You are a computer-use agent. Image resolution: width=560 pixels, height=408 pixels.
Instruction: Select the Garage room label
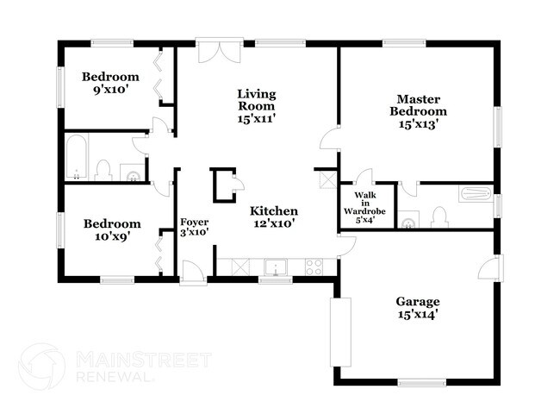[418, 301]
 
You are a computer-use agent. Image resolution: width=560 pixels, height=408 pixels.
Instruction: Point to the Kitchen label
[274, 211]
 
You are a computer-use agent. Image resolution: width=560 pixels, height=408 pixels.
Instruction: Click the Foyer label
[194, 222]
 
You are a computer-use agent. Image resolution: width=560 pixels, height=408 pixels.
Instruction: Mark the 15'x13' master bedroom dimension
[418, 123]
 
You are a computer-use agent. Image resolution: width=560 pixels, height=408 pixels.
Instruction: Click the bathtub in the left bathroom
[76, 158]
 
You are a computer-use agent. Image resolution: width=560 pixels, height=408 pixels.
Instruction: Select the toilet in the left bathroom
[103, 169]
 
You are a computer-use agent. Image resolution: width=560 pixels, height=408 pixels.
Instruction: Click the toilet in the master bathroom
[438, 217]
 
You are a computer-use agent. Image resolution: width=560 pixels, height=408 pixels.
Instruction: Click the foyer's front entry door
[193, 273]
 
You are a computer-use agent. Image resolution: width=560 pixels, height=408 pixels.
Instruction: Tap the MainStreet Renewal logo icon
[41, 367]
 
